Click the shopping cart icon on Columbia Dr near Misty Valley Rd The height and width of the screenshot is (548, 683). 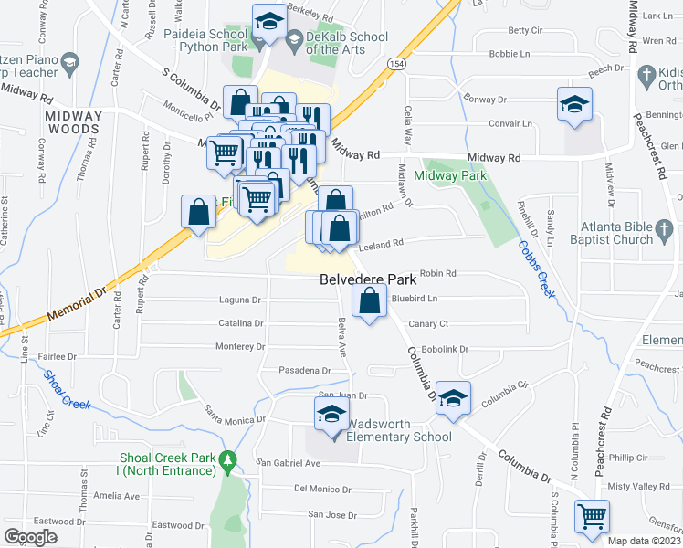[592, 516]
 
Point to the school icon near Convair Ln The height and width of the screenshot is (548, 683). [574, 105]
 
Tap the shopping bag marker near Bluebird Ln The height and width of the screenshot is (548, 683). [369, 300]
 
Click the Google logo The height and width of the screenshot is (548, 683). [30, 536]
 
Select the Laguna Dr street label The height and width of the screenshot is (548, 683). [240, 300]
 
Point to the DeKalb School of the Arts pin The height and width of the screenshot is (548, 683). [294, 39]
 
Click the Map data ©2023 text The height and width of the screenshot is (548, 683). [643, 541]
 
